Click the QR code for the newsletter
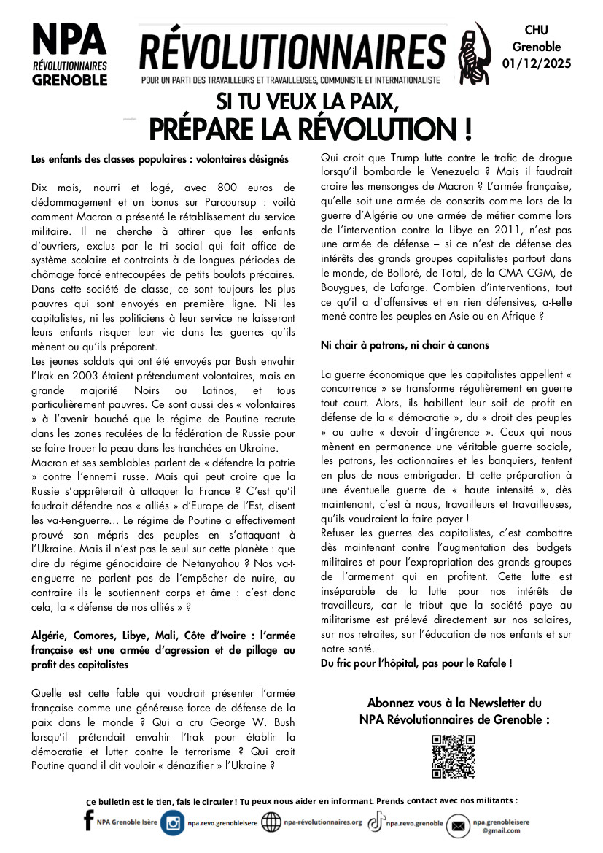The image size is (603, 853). [x=453, y=756]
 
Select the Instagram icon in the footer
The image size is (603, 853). [x=173, y=822]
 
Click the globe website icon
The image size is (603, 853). [x=271, y=822]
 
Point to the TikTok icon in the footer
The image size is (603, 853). [x=376, y=822]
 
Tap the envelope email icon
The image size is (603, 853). [x=457, y=825]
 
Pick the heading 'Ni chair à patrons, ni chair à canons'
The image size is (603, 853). [x=405, y=344]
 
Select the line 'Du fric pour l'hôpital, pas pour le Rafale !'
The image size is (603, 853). [x=416, y=663]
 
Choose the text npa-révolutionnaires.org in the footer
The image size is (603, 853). [x=322, y=822]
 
